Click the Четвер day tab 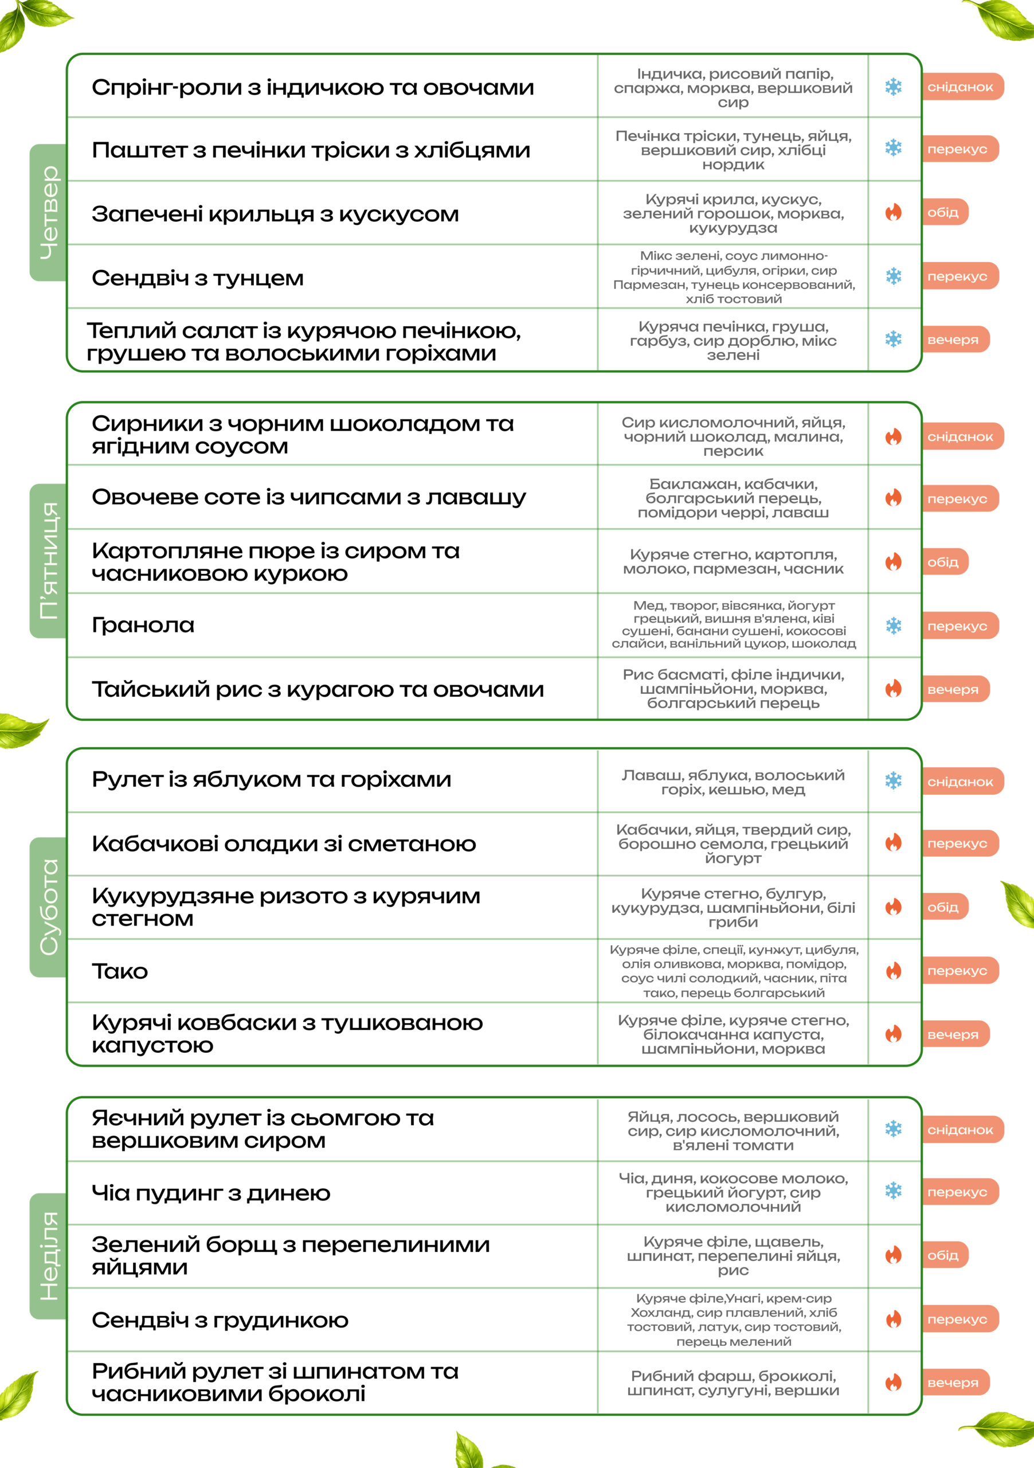point(49,212)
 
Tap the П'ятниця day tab point(49,561)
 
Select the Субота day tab point(49,907)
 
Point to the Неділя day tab point(49,1256)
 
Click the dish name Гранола point(143,624)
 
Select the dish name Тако point(119,971)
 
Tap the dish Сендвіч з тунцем point(198,278)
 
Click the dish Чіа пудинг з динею point(211,1192)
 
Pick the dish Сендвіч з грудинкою point(220,1319)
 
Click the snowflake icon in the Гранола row point(894,625)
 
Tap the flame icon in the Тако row point(894,971)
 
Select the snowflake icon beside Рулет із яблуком point(894,780)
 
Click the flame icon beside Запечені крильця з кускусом point(894,212)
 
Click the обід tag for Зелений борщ point(944,1255)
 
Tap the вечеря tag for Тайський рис point(954,689)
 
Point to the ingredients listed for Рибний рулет point(733,1383)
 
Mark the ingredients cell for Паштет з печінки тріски point(733,150)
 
